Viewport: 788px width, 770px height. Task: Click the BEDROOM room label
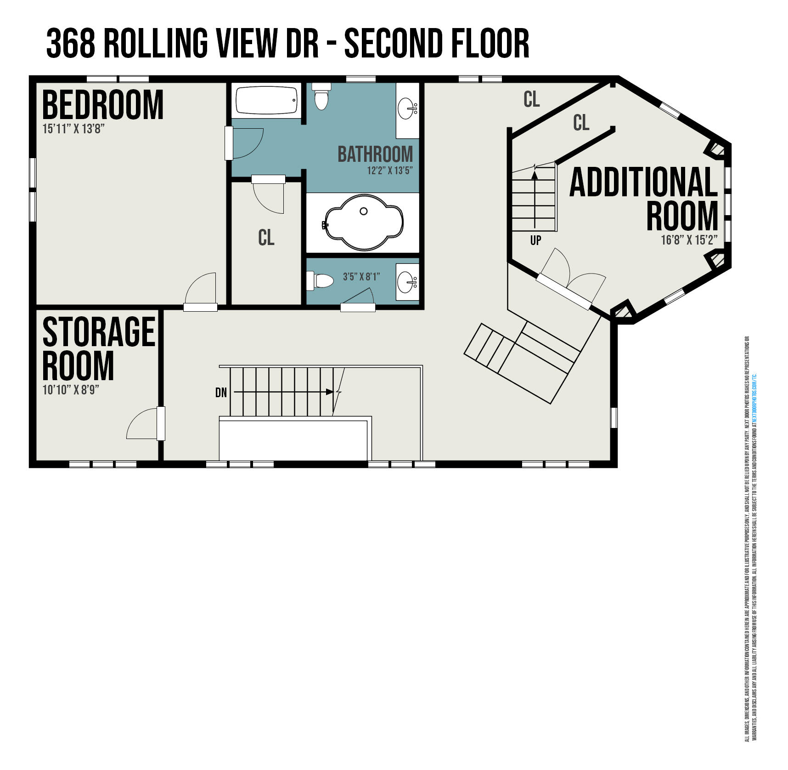click(102, 105)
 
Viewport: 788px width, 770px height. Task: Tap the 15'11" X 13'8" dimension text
click(73, 129)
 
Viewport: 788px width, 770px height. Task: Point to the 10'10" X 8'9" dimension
click(71, 390)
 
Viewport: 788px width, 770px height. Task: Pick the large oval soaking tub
click(363, 222)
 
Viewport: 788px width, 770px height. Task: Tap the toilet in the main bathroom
click(321, 97)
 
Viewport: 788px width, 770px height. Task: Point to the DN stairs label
click(221, 393)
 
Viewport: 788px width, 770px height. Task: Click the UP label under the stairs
click(535, 240)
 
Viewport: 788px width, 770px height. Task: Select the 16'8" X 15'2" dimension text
click(689, 240)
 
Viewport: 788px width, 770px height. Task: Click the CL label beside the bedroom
click(266, 238)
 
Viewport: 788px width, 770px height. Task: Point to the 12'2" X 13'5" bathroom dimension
click(389, 171)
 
